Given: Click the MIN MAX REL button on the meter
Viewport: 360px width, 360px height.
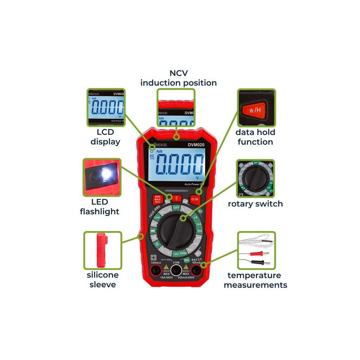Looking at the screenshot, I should tap(157, 199).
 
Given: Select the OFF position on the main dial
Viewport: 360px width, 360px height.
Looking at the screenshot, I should tap(177, 208).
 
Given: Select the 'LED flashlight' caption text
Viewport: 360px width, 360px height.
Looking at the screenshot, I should tap(99, 207).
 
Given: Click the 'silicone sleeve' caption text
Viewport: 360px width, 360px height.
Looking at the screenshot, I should tap(103, 279).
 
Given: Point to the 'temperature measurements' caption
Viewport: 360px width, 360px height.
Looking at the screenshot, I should tap(255, 280).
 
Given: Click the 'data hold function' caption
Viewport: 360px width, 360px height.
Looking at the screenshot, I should tap(255, 137).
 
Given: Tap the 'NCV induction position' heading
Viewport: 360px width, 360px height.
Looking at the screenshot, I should tap(178, 78).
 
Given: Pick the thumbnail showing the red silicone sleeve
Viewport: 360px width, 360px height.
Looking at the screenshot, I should tap(103, 250).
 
